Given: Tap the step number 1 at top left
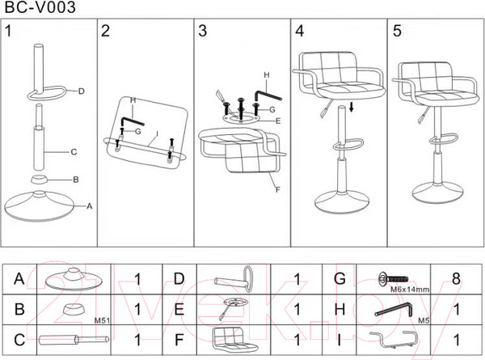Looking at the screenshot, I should coord(10,32).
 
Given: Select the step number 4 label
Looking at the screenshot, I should coord(300,32).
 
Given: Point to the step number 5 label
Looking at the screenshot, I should coord(396,32).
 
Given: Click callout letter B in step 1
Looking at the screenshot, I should coord(75,179).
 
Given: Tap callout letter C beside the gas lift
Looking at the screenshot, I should coord(74,150).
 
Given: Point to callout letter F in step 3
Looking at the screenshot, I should coord(277,190).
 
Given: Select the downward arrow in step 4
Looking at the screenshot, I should coord(352,108).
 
